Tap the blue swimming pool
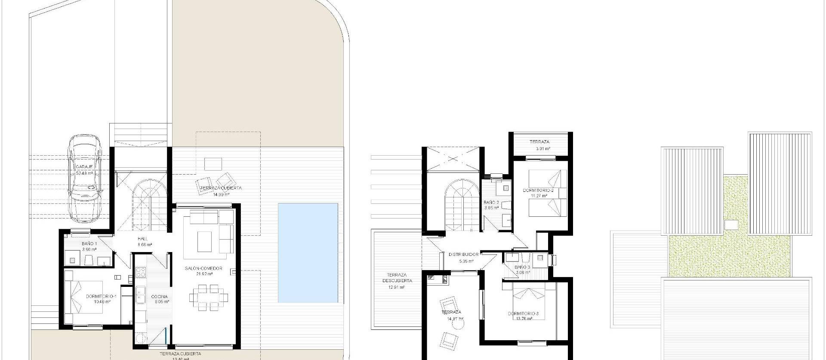[x=308, y=253]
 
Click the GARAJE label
[x=84, y=166]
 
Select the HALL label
[x=143, y=239]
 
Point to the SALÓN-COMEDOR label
[x=203, y=268]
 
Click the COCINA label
[x=159, y=297]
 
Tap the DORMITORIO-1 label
[x=101, y=296]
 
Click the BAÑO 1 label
[x=89, y=244]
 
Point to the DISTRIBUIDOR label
[x=463, y=255]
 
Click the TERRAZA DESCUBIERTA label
[x=396, y=278]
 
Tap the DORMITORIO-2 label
[x=538, y=190]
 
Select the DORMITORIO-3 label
[x=523, y=314]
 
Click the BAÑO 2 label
[x=491, y=202]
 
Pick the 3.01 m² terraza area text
[x=542, y=149]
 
